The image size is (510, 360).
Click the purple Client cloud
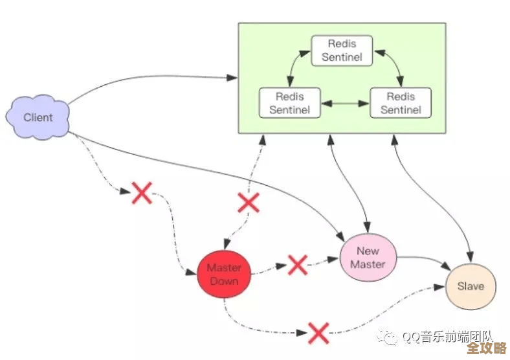[x=38, y=117]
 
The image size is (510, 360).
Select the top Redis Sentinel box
[x=342, y=51]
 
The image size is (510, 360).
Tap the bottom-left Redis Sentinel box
[x=289, y=103]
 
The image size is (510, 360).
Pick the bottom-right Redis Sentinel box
[x=400, y=103]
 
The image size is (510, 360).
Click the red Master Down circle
[x=224, y=274]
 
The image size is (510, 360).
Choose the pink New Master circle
[x=368, y=257]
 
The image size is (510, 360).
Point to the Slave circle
[x=470, y=286]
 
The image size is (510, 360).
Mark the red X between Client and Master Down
[x=142, y=192]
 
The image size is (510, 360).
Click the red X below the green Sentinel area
[x=248, y=202]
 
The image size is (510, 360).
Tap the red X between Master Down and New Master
[x=297, y=264]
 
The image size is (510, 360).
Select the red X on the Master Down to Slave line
[x=318, y=333]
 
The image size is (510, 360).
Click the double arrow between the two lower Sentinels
[x=344, y=103]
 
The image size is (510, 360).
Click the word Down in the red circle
[x=224, y=281]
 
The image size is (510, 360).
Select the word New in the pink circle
[x=368, y=251]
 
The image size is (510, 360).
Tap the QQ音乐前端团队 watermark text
[x=447, y=337]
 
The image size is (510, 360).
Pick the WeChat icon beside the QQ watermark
[x=390, y=337]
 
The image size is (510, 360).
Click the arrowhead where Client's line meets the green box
[x=234, y=78]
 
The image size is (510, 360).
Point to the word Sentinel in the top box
[x=342, y=57]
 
